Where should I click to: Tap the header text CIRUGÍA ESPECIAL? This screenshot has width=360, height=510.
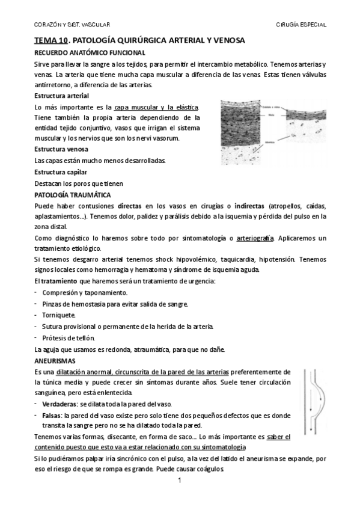pos(301,25)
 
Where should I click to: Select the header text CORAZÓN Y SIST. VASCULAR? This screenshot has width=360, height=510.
pos(71,25)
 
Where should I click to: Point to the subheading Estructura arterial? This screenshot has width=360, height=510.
pos(62,96)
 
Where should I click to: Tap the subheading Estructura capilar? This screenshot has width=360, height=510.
pos(61,171)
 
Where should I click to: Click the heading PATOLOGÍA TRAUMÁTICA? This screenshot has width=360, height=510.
pos(73,194)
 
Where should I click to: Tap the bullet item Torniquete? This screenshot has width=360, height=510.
pos(59,315)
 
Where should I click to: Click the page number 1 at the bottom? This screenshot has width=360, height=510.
pos(180,482)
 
